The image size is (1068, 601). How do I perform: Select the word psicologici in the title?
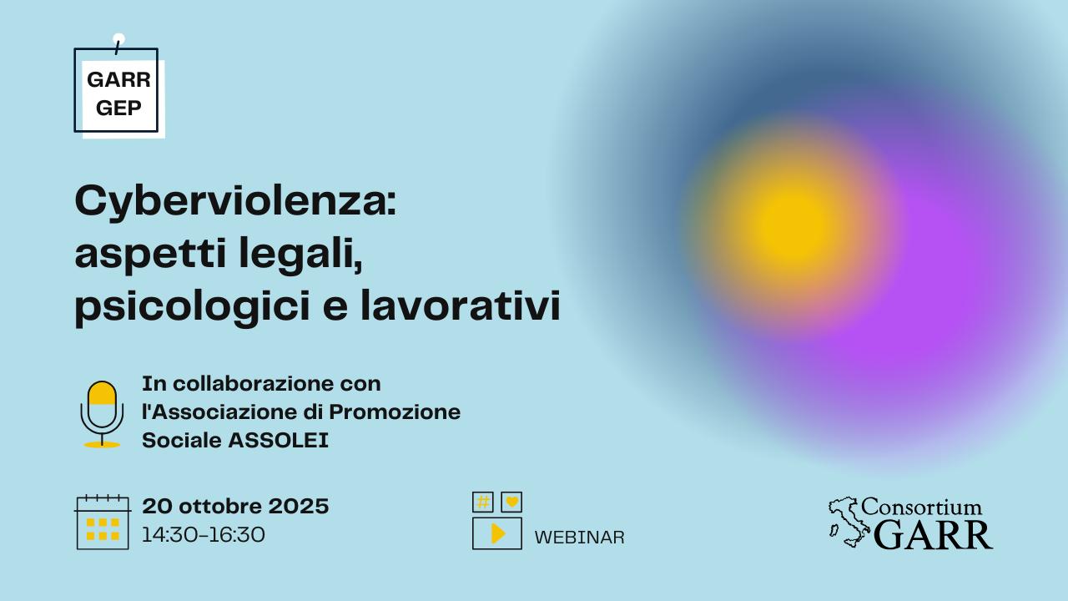point(193,306)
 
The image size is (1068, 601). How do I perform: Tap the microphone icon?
point(102,414)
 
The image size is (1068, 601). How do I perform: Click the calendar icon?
point(103,523)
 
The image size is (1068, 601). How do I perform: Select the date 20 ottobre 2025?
point(235,506)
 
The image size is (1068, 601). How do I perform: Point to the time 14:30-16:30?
point(204,535)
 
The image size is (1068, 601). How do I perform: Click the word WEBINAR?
point(579,538)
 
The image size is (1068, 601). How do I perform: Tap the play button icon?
point(496,533)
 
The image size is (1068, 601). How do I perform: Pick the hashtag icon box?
point(483,502)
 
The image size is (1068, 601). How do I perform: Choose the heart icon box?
point(511,502)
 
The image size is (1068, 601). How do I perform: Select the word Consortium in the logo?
point(921,507)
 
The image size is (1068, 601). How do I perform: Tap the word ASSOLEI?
point(279,440)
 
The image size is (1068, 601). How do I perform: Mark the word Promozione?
point(395,412)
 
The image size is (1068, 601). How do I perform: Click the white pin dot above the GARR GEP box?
point(118,39)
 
